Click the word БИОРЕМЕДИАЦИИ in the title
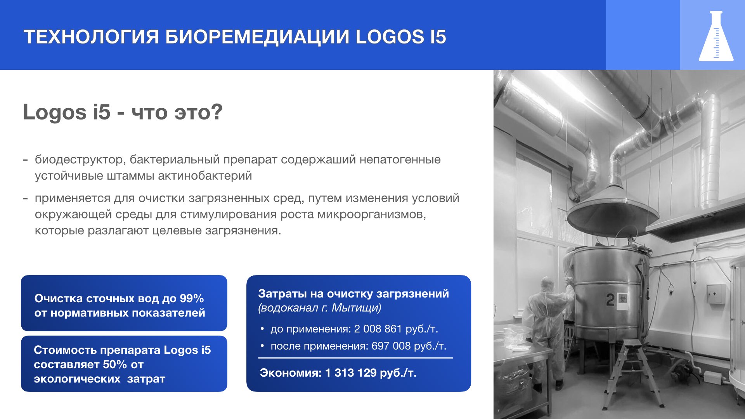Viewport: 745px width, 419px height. tap(257, 37)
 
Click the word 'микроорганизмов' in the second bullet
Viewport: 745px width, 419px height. tap(371, 215)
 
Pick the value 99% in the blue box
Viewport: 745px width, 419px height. tap(192, 298)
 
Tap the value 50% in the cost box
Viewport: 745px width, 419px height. tap(115, 364)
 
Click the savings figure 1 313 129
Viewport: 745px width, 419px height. tap(351, 373)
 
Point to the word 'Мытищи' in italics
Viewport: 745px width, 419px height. tap(355, 308)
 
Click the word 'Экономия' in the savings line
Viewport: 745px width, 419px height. tap(290, 373)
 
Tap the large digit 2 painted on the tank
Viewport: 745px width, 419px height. tap(610, 300)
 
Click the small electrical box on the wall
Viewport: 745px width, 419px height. tap(715, 294)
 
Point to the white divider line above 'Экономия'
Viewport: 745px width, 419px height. tap(355, 358)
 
